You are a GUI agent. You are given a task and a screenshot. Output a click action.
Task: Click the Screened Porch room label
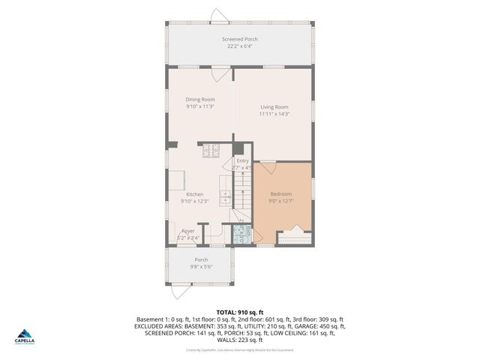[x=240, y=39]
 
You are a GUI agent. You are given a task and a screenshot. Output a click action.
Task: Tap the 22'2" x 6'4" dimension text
[x=240, y=46]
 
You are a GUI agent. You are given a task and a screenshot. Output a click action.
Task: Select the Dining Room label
[x=200, y=100]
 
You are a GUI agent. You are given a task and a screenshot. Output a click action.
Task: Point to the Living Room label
[x=274, y=106]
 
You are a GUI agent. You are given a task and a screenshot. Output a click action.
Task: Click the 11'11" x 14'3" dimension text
[x=274, y=114]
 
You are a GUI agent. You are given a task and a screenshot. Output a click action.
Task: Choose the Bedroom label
[x=281, y=193]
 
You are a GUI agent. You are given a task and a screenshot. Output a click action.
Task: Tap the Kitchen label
[x=195, y=194]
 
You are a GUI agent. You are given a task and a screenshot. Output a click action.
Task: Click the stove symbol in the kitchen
[x=210, y=151]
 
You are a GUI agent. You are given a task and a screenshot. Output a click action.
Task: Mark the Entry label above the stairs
[x=242, y=160]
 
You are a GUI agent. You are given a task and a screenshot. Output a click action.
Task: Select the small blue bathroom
[x=241, y=234]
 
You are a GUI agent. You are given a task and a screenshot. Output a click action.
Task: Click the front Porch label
[x=201, y=259]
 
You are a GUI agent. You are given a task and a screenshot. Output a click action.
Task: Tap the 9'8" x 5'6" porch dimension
[x=201, y=267]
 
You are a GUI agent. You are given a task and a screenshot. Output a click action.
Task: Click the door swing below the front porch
[x=178, y=289]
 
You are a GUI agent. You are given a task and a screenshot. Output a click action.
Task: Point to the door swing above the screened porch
[x=218, y=16]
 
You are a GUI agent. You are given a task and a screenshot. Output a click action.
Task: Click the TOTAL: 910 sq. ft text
[x=240, y=311]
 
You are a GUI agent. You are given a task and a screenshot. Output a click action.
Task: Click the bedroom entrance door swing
[x=268, y=167]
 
